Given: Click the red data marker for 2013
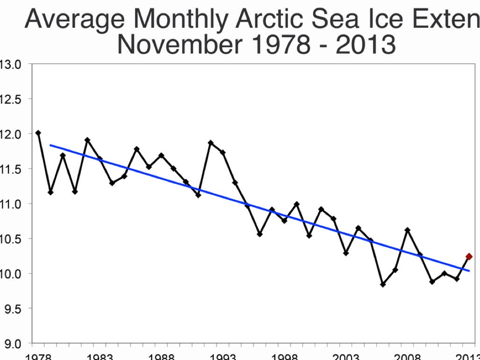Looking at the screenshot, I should click(469, 256).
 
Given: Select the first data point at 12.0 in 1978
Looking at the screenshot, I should click(38, 133).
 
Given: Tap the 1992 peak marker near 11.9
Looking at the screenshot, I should click(210, 142).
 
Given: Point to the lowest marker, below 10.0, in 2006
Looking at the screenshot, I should click(382, 285).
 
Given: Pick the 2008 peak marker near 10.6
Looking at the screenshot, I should click(407, 230).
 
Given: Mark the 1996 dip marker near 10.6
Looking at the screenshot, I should click(260, 234).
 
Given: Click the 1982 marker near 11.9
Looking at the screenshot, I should click(87, 140).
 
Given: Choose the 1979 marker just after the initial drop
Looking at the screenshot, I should click(51, 192).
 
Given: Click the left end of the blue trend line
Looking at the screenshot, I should click(50, 145).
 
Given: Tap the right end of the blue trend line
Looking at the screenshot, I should click(469, 271).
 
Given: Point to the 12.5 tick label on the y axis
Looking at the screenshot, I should click(10, 99).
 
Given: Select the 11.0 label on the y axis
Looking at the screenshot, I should click(10, 204).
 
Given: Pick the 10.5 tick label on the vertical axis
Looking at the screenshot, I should click(10, 239).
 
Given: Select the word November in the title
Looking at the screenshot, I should click(180, 45).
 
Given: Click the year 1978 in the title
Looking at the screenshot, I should click(281, 45).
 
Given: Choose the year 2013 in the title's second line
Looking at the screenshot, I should click(366, 45).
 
